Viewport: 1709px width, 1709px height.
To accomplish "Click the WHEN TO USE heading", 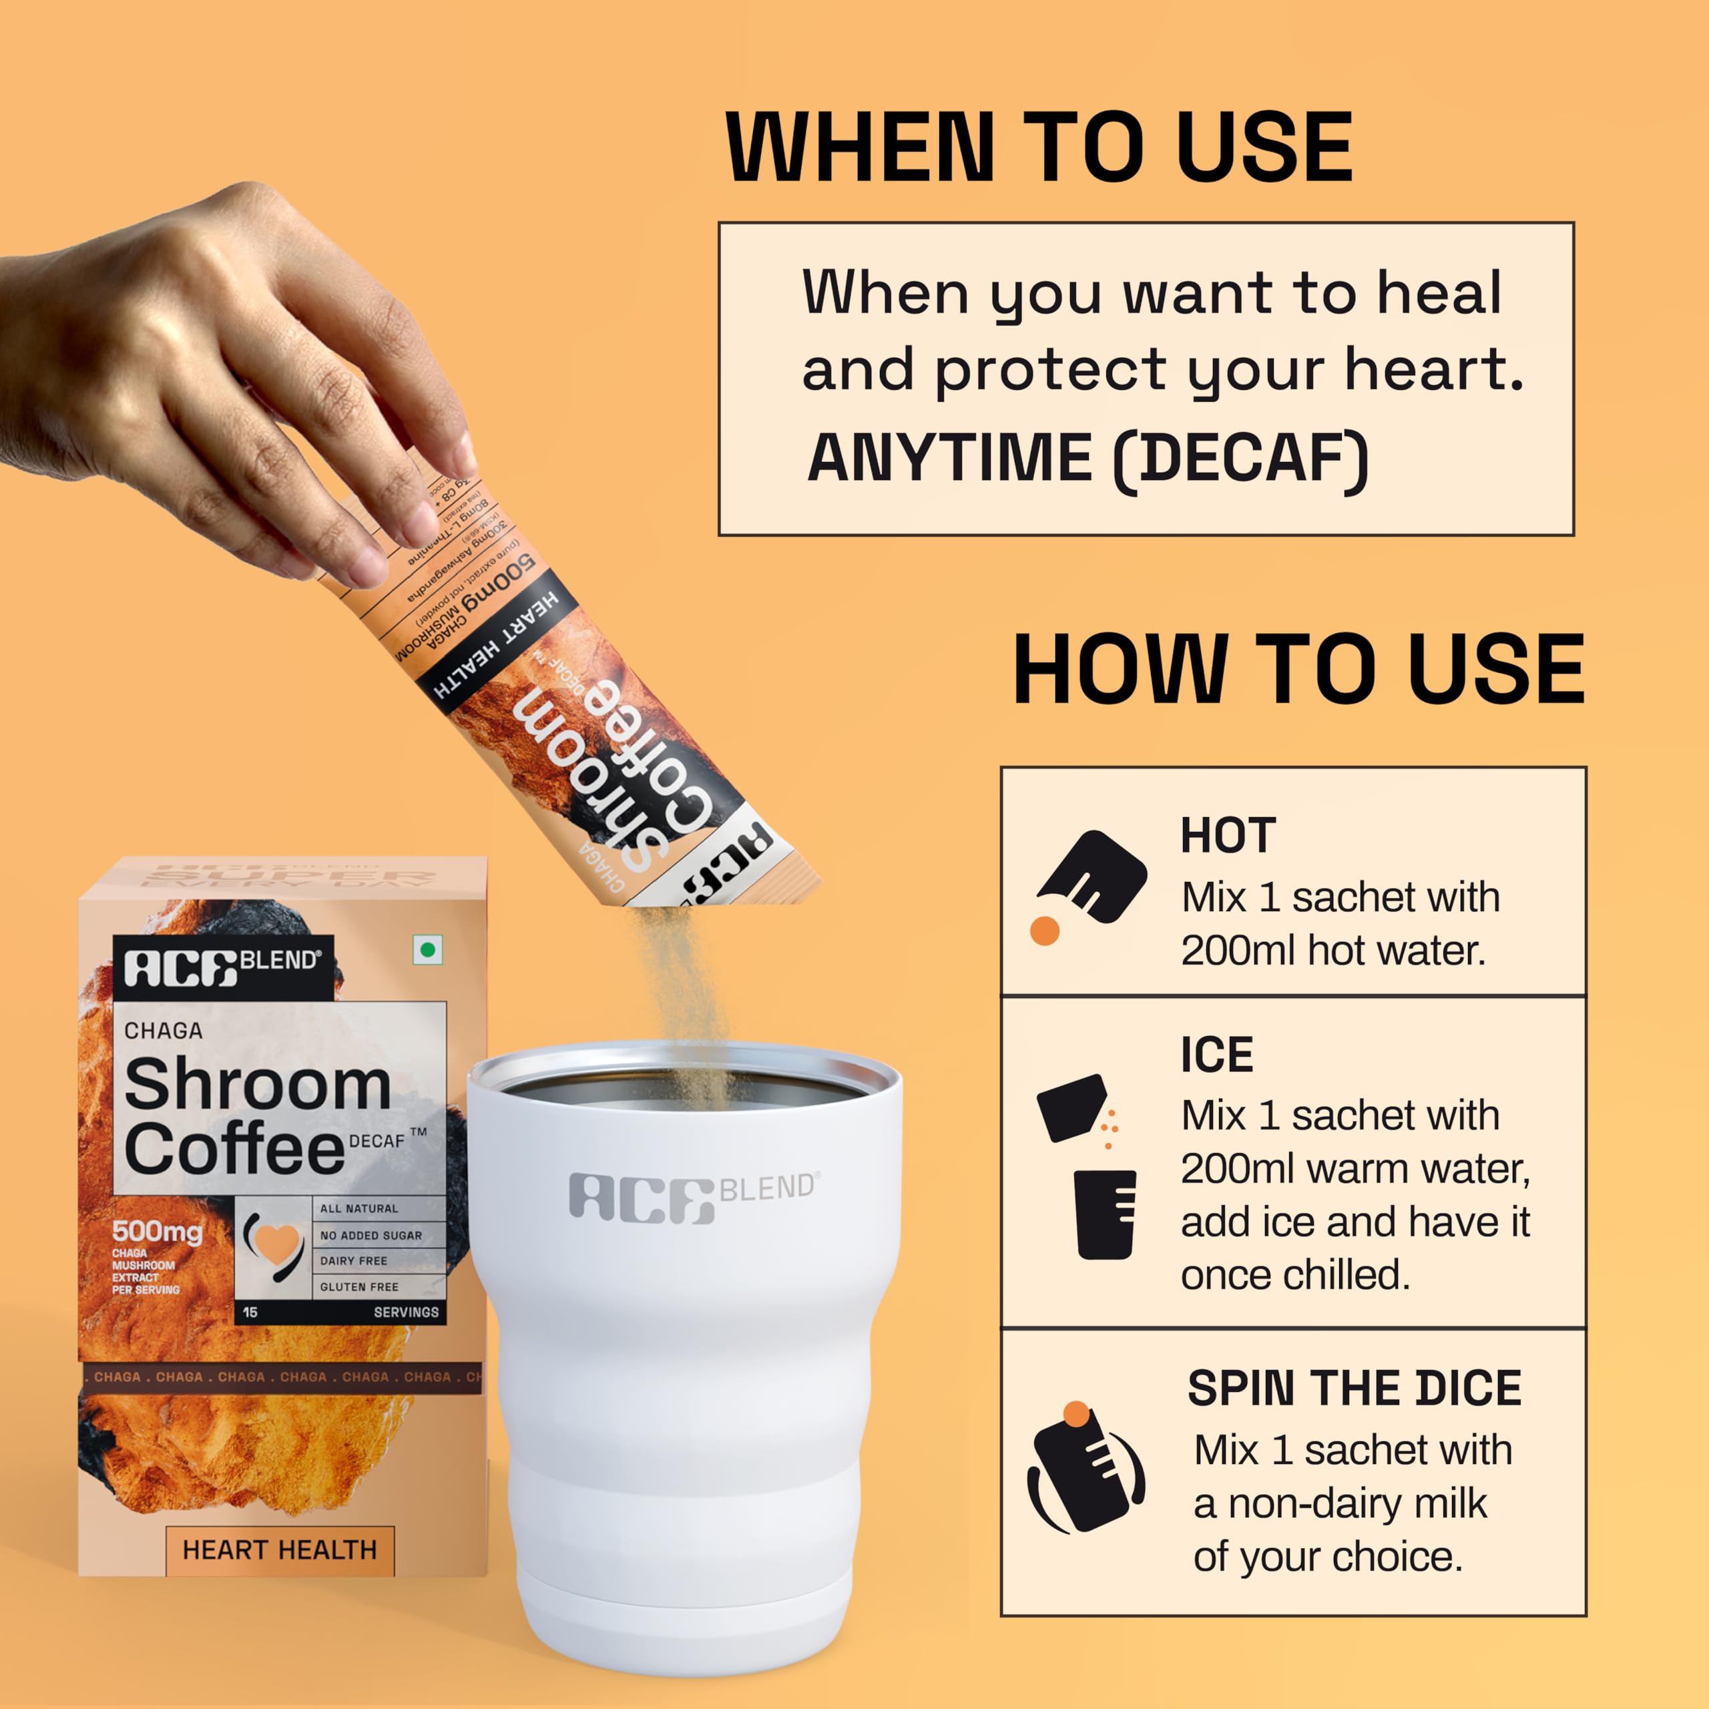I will coord(1039,148).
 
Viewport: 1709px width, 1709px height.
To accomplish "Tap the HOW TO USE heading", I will coord(1298,670).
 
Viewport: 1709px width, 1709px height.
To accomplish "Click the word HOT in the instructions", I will coord(1228,836).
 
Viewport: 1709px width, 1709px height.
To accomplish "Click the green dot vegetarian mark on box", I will coord(428,951).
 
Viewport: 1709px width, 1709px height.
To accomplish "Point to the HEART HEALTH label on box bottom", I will coord(280,1549).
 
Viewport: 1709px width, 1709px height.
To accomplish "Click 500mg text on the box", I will coord(158,1231).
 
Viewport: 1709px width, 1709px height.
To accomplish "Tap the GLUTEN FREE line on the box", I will coord(359,1287).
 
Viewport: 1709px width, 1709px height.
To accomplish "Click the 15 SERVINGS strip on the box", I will coord(340,1312).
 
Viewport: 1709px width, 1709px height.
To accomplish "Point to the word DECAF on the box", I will coord(377,1141).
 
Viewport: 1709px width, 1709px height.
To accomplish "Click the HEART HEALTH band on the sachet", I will coord(497,646).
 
